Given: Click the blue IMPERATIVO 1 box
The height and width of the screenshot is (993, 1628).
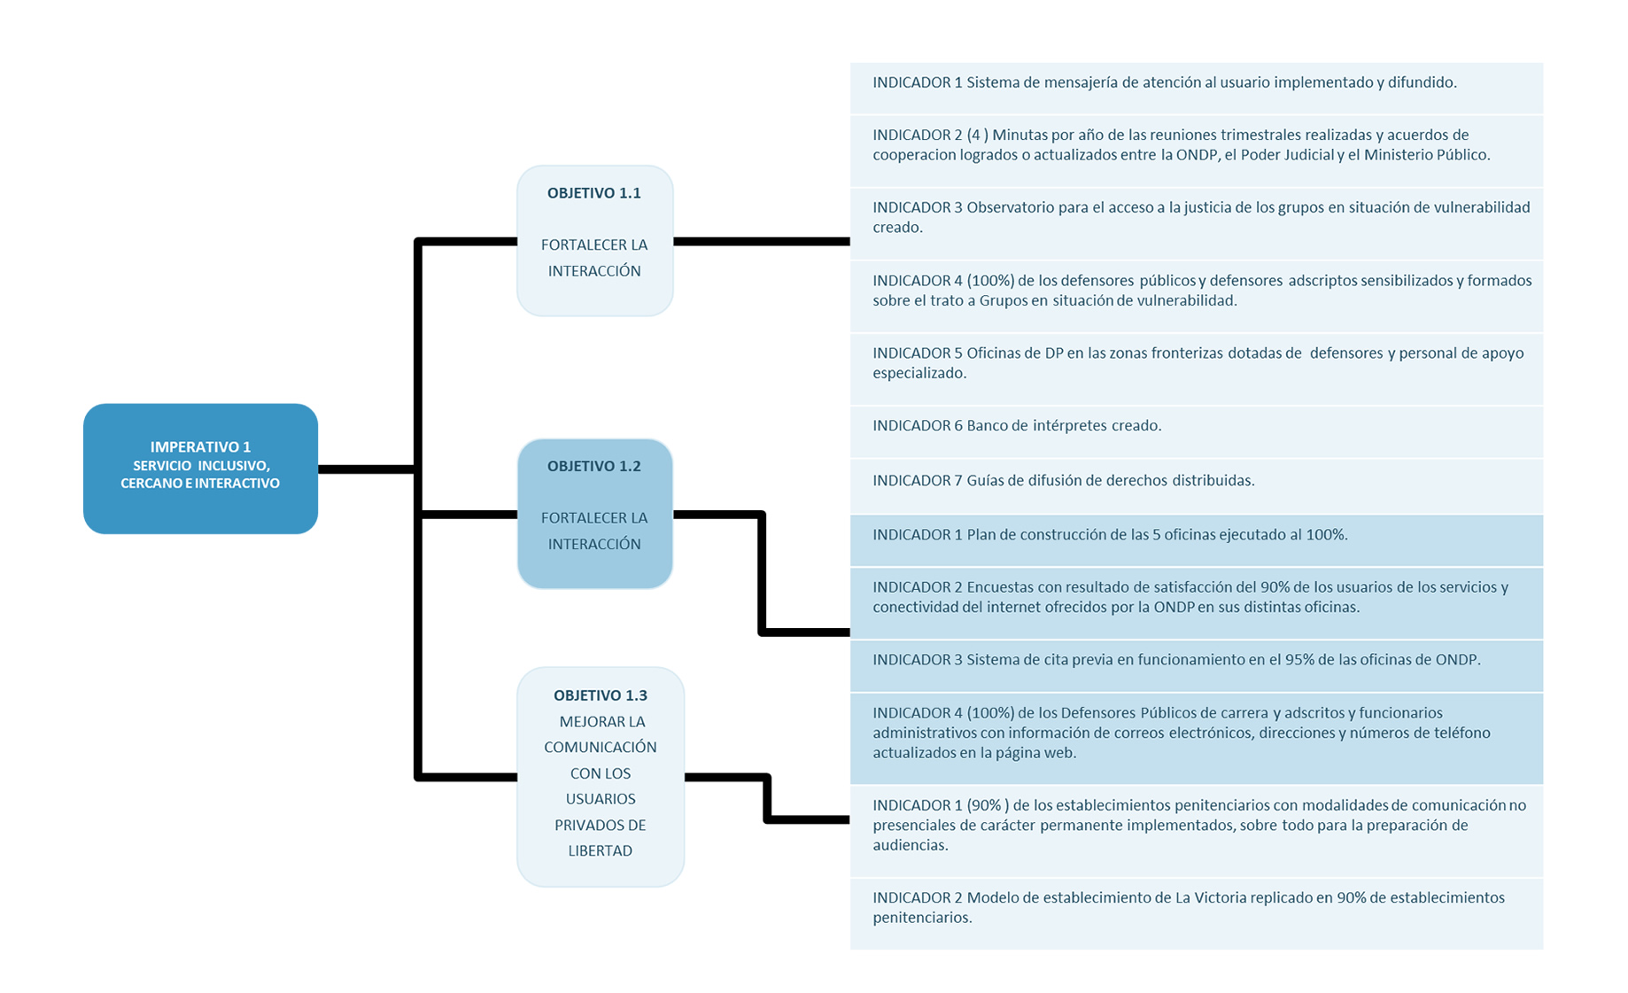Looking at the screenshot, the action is click(200, 469).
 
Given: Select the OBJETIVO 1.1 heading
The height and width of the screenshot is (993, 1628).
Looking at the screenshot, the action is click(593, 193).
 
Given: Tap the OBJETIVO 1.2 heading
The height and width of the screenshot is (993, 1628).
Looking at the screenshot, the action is click(593, 466).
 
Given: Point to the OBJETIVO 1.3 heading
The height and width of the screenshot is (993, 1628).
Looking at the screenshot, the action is click(600, 695).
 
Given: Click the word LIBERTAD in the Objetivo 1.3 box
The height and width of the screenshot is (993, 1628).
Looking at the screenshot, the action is click(600, 850).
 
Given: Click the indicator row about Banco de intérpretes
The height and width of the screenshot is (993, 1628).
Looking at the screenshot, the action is click(1197, 431).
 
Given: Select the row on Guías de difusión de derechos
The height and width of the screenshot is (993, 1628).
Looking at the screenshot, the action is click(1197, 485).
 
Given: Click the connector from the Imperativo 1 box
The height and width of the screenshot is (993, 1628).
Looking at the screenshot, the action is click(367, 469).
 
